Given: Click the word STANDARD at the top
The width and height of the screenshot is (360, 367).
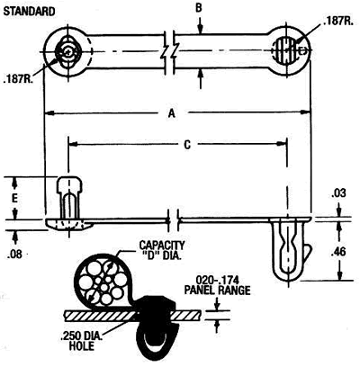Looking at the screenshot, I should (32, 13).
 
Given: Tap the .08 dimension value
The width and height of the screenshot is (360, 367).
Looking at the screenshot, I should (13, 255).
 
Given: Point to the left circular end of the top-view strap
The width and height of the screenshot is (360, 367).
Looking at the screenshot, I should (66, 52).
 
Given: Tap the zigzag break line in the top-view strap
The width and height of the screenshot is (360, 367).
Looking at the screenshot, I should (169, 51).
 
